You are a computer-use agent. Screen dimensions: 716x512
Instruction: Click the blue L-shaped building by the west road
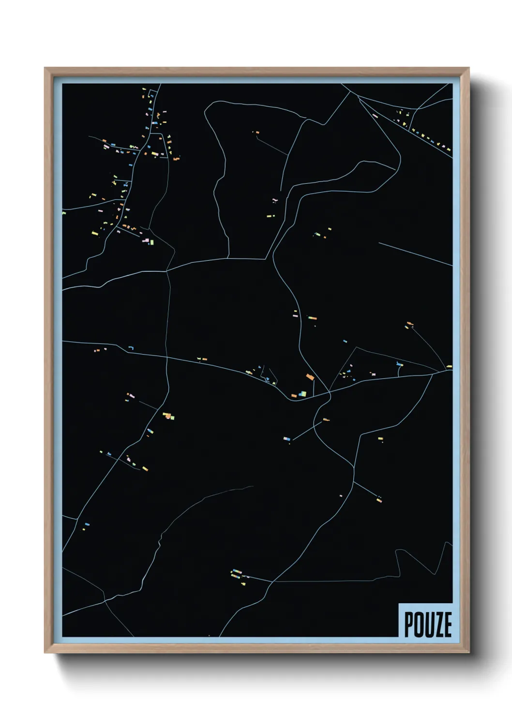coord(130,348)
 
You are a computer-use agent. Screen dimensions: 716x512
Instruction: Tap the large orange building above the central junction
coord(310,377)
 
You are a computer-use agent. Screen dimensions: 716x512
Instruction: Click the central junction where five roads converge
coord(330,392)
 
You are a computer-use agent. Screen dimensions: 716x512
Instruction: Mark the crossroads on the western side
coord(167,358)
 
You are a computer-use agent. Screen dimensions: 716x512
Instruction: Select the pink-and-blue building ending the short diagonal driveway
coord(287,439)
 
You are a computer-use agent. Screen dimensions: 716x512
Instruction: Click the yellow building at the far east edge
coord(449,366)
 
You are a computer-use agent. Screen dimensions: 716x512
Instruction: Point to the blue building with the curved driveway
coord(399,364)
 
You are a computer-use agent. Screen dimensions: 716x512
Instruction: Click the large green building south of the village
coord(151,241)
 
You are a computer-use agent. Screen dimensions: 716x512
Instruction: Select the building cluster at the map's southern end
coord(238,575)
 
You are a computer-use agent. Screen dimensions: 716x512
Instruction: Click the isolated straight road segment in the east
coord(415,254)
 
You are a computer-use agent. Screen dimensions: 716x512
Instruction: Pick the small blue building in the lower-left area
coord(87,523)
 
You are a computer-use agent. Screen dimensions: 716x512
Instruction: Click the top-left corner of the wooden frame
coord(45,68)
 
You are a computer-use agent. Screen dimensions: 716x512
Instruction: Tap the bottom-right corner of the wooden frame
coord(469,653)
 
